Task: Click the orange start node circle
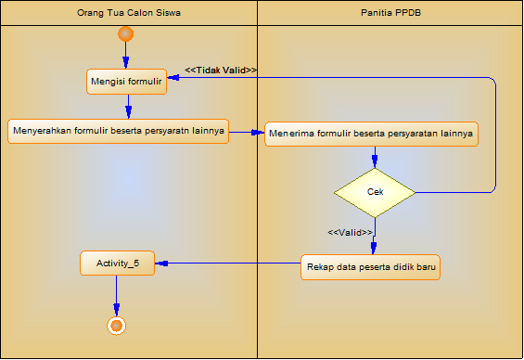click(127, 35)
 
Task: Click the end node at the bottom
click(116, 325)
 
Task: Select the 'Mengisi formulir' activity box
click(126, 82)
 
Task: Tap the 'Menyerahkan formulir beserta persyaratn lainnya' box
click(118, 131)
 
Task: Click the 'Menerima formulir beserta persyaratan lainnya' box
click(371, 134)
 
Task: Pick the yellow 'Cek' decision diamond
click(375, 191)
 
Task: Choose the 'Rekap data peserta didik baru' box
click(370, 267)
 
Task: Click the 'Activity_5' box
click(117, 264)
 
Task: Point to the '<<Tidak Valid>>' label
click(221, 70)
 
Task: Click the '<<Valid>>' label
click(350, 232)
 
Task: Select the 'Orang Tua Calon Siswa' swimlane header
click(129, 13)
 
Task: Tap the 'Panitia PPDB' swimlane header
click(390, 13)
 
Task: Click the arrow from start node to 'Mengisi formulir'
click(127, 56)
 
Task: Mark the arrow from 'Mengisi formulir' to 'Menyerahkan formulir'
click(127, 106)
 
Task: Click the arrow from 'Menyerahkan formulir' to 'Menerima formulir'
click(246, 132)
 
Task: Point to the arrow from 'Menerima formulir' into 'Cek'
click(374, 157)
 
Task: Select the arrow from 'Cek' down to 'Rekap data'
click(374, 235)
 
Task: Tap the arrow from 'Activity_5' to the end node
click(116, 297)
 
